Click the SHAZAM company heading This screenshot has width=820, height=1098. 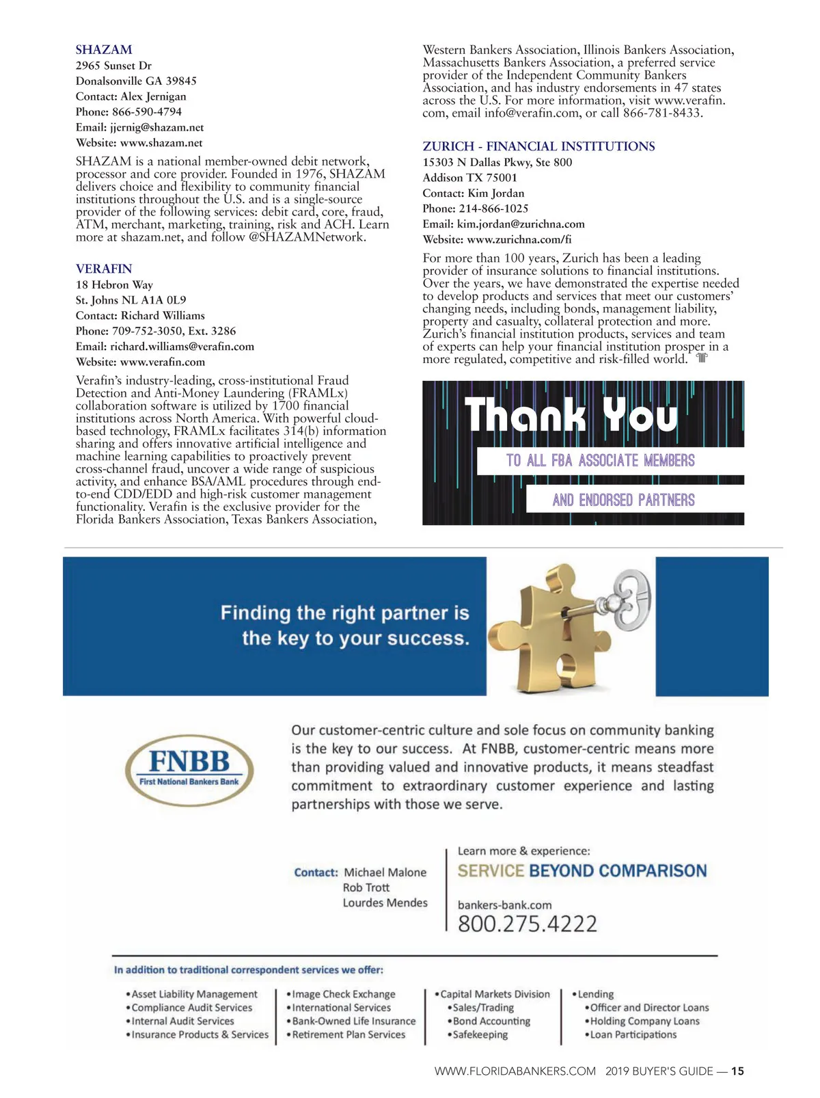(104, 50)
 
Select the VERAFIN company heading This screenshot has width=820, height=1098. (104, 269)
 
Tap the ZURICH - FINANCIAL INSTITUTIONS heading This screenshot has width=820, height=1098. (538, 146)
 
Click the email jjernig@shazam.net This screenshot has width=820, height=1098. (156, 127)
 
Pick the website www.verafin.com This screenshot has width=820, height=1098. (162, 362)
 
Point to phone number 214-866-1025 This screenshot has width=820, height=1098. (493, 209)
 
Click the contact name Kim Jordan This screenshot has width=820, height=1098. (495, 193)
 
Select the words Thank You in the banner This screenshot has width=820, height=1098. (571, 414)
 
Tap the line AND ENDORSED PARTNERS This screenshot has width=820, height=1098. (623, 500)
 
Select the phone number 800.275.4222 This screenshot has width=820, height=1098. (527, 924)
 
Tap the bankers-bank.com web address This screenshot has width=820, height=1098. (504, 905)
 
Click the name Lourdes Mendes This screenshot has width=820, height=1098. (385, 902)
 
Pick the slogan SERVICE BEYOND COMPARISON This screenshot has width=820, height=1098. (582, 871)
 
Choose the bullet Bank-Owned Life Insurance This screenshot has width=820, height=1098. (353, 1021)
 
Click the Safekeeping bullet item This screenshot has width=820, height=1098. (480, 1034)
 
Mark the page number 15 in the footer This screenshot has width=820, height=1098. (737, 1071)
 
